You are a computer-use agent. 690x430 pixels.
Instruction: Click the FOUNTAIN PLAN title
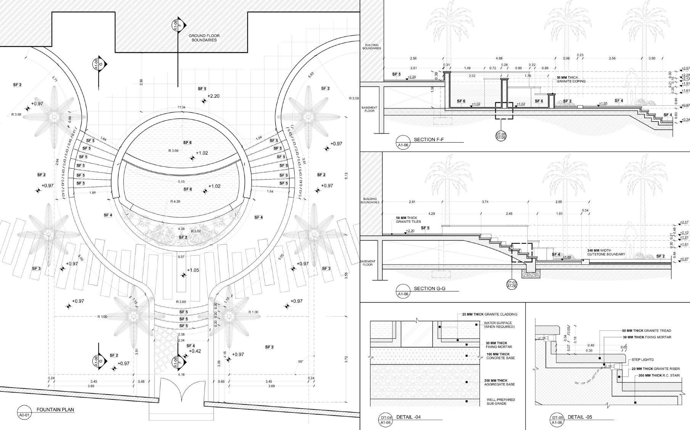coord(55,410)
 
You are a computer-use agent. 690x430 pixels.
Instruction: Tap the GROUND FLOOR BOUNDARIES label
coord(204,38)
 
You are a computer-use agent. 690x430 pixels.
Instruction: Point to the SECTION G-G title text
coord(430,288)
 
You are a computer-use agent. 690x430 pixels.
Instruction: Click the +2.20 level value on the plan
coord(213,96)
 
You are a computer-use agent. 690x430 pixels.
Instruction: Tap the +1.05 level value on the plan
coord(193,270)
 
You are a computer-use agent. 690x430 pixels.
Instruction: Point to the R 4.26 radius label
coord(176,201)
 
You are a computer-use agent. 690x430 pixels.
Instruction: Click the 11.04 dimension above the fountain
coord(181,108)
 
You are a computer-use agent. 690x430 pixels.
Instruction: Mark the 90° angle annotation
coord(301,361)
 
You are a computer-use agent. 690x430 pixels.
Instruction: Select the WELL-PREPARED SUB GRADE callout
coord(500,401)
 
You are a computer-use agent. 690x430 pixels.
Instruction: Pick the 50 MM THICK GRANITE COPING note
coord(571,79)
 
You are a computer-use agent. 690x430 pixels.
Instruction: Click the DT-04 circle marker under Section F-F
coord(501,136)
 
